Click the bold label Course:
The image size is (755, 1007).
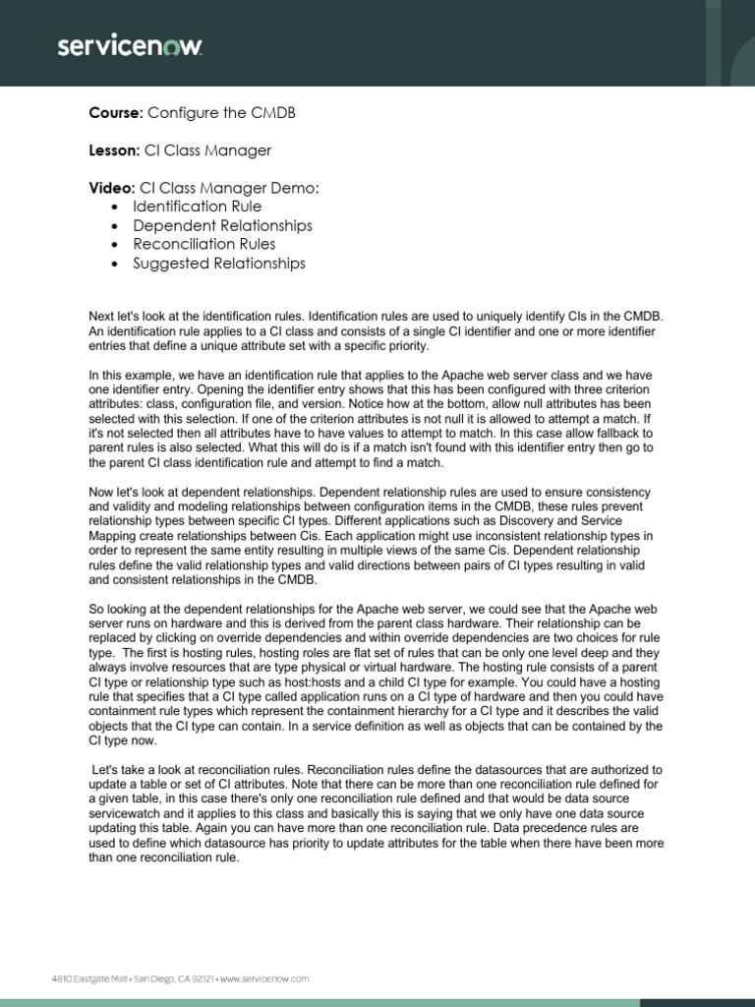[117, 113]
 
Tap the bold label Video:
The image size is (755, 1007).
[113, 188]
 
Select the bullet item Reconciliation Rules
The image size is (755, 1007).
[207, 244]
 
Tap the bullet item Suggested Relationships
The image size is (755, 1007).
[222, 263]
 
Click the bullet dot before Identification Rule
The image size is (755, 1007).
[116, 207]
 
